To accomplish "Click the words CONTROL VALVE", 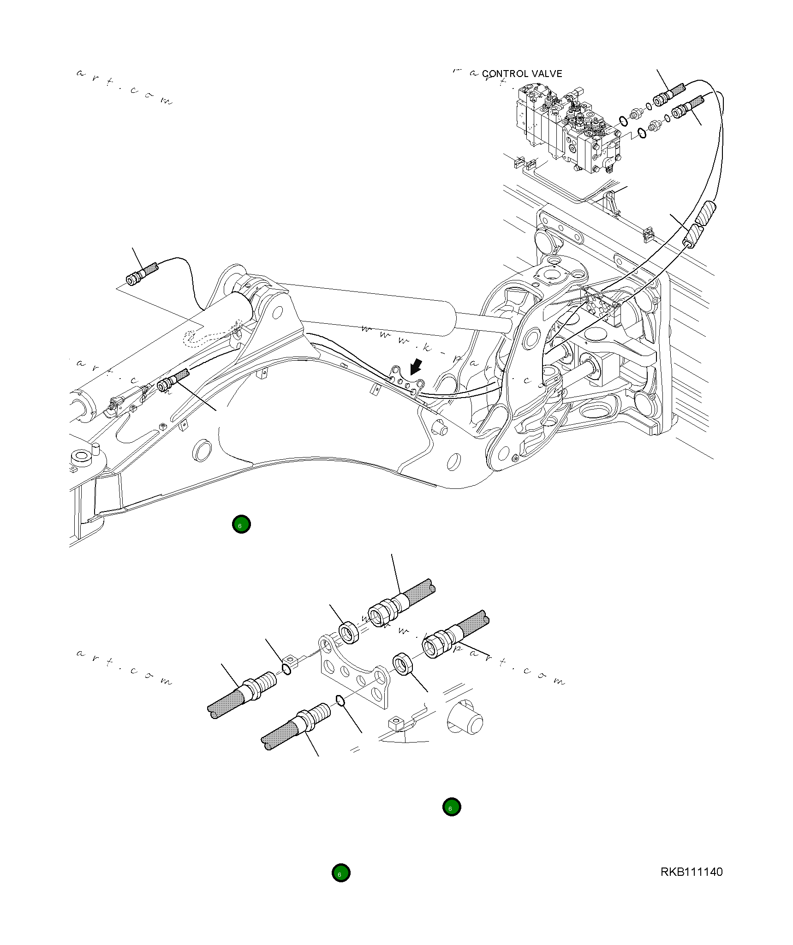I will [x=522, y=74].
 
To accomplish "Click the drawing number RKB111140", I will [x=691, y=872].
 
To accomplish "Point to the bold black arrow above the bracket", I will [x=416, y=367].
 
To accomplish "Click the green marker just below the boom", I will [x=241, y=524].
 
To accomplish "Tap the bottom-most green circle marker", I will [x=341, y=873].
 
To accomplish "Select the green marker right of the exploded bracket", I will [x=451, y=807].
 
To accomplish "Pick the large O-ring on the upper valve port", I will [x=623, y=121].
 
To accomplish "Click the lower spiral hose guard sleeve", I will [x=692, y=236].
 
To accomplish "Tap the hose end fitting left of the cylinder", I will [x=135, y=278].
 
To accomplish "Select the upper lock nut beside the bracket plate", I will [x=349, y=633].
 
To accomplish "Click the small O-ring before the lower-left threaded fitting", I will [x=340, y=701].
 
